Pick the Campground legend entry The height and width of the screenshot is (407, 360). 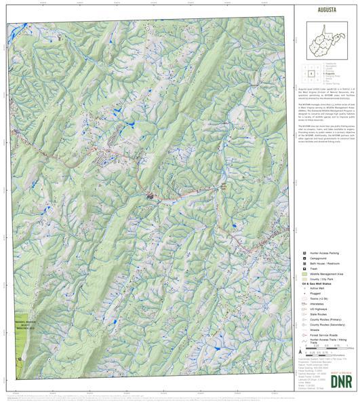coord(319,258)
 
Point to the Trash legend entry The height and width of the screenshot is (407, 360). coord(314,269)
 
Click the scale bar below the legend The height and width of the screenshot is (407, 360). coord(317,350)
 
